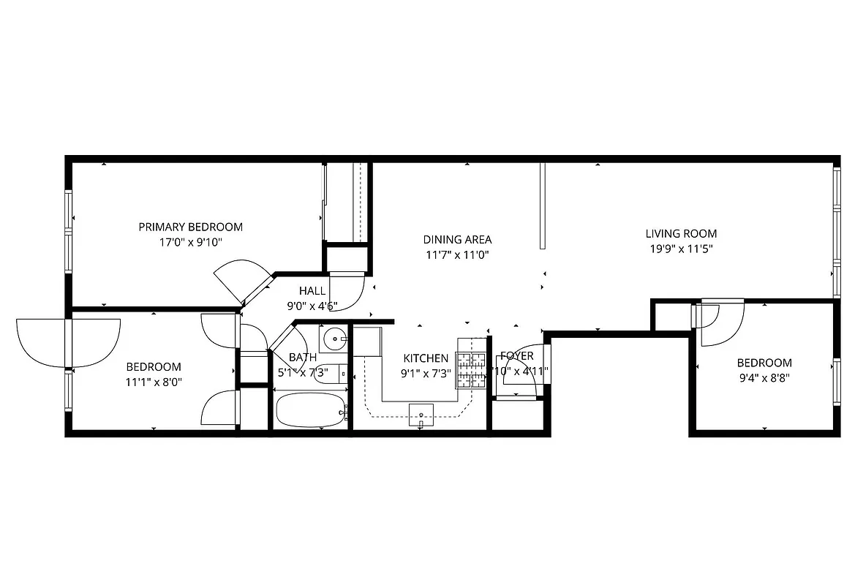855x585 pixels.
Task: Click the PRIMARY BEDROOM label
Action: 190,227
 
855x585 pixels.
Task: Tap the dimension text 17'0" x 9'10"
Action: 190,242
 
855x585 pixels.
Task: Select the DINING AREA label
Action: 457,239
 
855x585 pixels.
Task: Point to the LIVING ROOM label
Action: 680,233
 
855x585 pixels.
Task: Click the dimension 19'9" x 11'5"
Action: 680,249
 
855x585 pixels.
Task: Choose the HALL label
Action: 312,291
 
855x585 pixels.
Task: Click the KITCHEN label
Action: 426,358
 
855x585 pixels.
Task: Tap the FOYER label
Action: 516,356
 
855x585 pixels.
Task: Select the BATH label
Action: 302,358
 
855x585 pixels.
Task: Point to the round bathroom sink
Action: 336,339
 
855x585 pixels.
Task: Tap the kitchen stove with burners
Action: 472,369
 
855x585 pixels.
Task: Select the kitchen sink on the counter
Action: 421,415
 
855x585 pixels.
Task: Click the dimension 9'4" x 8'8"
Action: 764,378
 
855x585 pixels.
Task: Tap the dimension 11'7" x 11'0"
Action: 457,255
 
